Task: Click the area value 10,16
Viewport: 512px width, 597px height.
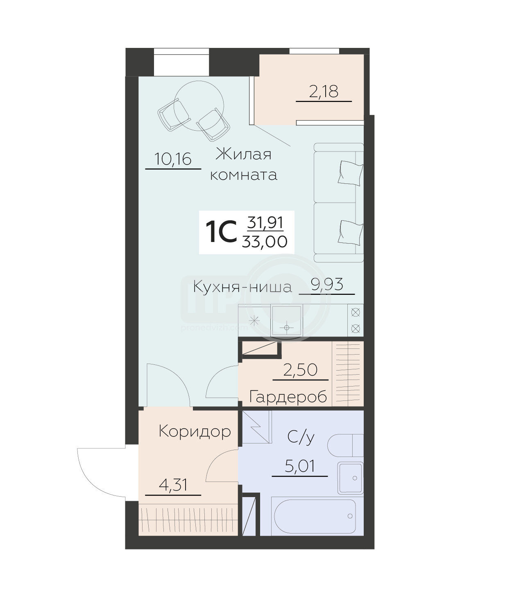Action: (x=173, y=159)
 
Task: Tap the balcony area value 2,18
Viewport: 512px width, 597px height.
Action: (x=324, y=92)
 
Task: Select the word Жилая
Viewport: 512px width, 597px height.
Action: (x=243, y=154)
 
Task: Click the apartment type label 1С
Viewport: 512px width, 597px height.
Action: (x=221, y=232)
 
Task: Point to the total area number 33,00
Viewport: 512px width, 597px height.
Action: (x=265, y=242)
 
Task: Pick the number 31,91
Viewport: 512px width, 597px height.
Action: (x=265, y=223)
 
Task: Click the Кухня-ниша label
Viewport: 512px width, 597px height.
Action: (x=242, y=287)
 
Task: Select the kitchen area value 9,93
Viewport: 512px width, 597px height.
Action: (x=327, y=284)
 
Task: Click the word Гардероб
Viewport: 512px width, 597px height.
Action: (x=288, y=396)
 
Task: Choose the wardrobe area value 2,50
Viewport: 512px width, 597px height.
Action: (x=301, y=370)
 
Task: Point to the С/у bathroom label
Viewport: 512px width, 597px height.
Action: (x=301, y=438)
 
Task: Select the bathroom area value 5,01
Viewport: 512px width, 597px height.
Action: (x=300, y=466)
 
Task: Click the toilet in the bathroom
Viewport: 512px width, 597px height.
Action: (x=346, y=445)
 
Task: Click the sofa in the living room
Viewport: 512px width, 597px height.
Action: (x=339, y=203)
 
